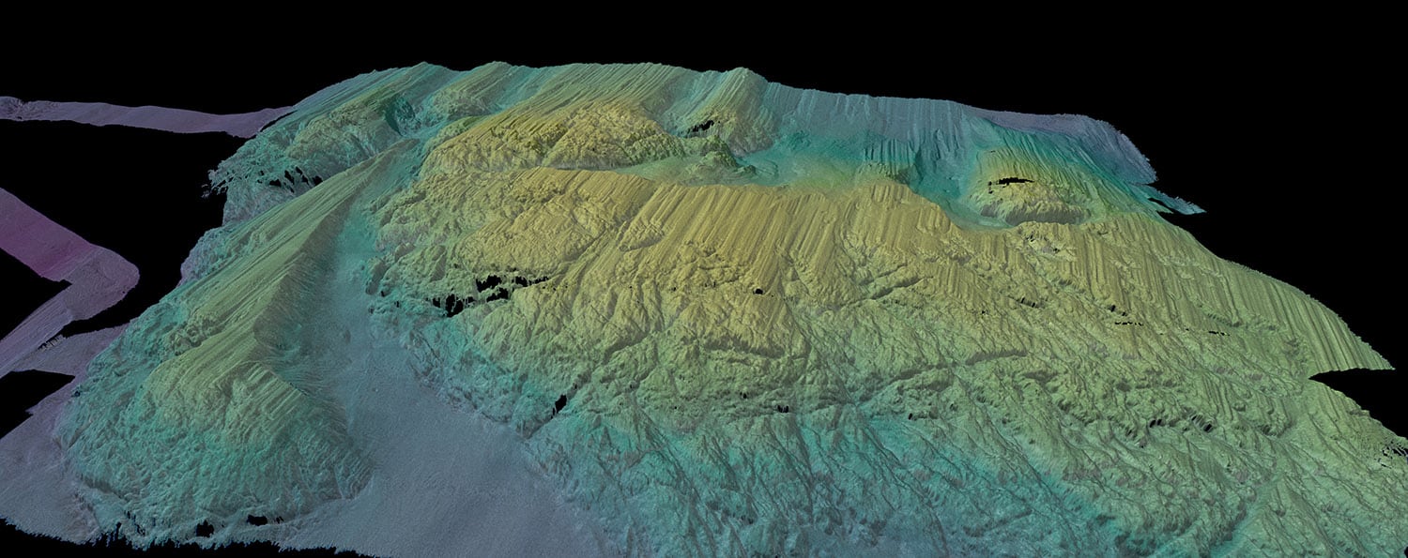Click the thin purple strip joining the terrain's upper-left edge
pyautogui.click(x=141, y=115)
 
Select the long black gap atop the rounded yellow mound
pyautogui.click(x=1010, y=180)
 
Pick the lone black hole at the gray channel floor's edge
pyautogui.click(x=560, y=403)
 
